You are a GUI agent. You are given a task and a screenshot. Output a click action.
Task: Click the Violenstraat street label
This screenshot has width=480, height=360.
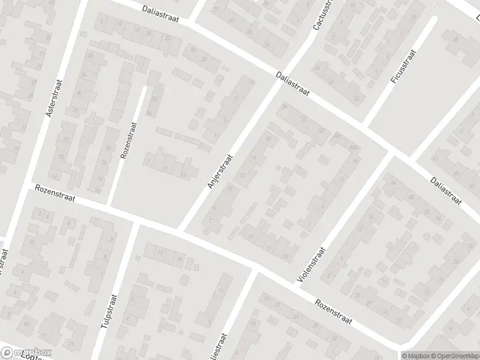(x=310, y=265)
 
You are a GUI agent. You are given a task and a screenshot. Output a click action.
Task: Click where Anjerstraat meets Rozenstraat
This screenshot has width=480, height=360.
(x=181, y=230)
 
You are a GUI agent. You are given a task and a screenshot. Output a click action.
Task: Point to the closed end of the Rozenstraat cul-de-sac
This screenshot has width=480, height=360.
(x=144, y=88)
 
